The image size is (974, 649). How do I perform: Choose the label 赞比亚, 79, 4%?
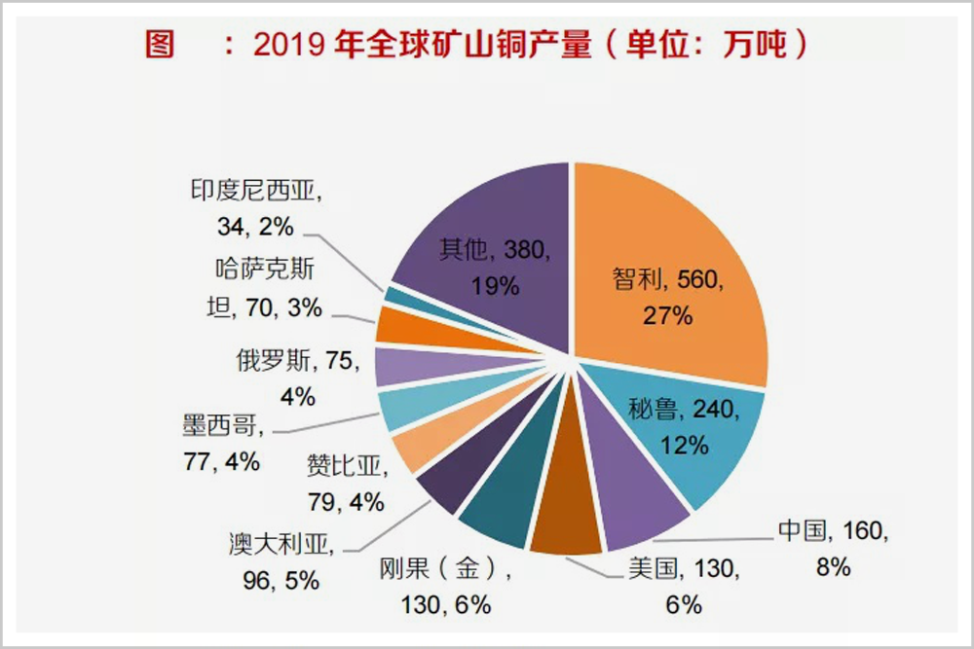(346, 484)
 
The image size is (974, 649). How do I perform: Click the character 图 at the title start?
(160, 46)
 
